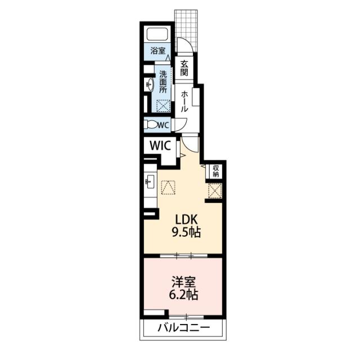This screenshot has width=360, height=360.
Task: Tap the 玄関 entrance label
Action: point(184,68)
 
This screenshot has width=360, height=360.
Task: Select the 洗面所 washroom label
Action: point(163,81)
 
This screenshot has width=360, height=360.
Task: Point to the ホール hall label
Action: point(184,101)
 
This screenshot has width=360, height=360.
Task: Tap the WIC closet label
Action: point(160,145)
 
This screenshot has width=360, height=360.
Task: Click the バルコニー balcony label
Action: point(183,328)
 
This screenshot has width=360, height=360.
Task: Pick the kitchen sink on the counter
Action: point(150,182)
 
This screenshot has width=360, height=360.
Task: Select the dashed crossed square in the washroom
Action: point(163,105)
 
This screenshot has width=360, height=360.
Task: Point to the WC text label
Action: point(163,125)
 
